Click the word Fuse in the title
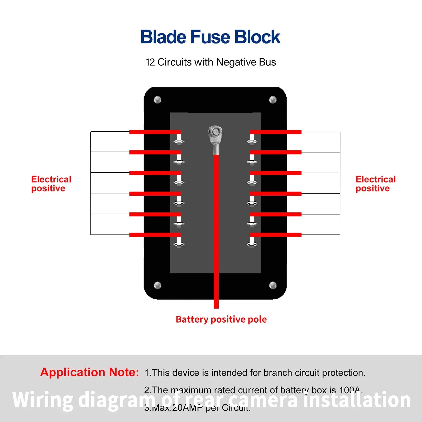[x=211, y=37]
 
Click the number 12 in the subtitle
[x=150, y=62]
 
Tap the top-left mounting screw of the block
[x=157, y=100]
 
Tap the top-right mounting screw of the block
[x=273, y=100]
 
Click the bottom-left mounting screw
[x=157, y=285]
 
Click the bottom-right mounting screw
[x=273, y=285]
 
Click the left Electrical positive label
[x=51, y=184]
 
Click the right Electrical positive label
[x=376, y=184]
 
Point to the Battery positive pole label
[x=221, y=319]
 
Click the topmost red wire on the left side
[x=155, y=132]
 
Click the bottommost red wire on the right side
[x=276, y=235]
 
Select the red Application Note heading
[x=89, y=372]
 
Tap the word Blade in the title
[x=164, y=37]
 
